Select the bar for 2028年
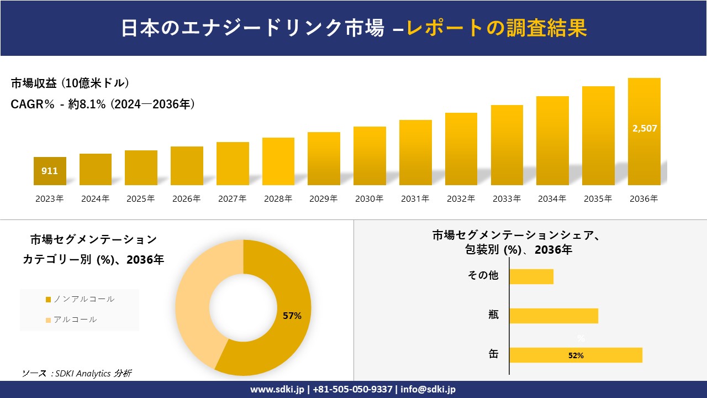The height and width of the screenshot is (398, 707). (278, 161)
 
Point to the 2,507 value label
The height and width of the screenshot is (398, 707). (644, 128)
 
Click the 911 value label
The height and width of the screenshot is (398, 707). (50, 171)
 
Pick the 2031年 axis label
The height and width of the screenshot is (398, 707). (415, 199)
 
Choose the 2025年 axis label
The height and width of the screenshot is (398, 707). (141, 199)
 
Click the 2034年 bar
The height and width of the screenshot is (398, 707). (552, 141)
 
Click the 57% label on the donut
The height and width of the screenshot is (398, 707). (292, 316)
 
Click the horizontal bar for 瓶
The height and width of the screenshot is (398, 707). (553, 316)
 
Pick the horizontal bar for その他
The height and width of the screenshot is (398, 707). (531, 276)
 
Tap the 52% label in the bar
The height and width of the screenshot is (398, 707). (576, 355)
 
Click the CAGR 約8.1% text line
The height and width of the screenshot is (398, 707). (103, 104)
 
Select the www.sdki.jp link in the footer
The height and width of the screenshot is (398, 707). (278, 389)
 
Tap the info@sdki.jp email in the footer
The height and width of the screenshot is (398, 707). (428, 389)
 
